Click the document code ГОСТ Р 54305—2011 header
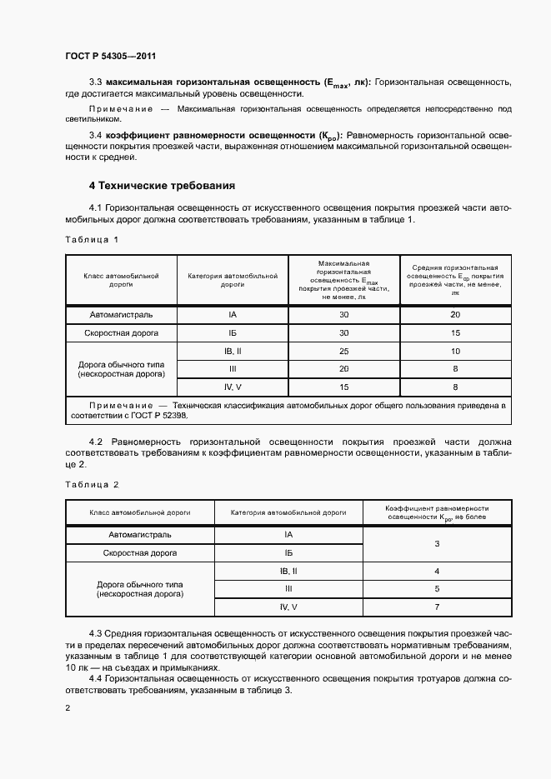click(110, 56)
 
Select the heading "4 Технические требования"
click(163, 185)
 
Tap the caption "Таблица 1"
click(92, 239)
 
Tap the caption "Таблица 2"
click(92, 484)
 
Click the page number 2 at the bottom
click(67, 708)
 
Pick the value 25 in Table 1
click(343, 351)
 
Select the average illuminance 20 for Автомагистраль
click(455, 315)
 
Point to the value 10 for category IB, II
click(455, 351)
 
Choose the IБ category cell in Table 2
click(288, 552)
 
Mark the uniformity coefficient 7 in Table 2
click(437, 607)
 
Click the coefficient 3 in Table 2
click(437, 543)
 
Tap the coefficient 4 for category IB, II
click(437, 571)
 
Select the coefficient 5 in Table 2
click(437, 588)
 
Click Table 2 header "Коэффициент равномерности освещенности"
click(437, 512)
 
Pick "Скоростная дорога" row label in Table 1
click(122, 332)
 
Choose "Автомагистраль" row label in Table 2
click(140, 534)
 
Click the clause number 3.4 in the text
click(94, 134)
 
